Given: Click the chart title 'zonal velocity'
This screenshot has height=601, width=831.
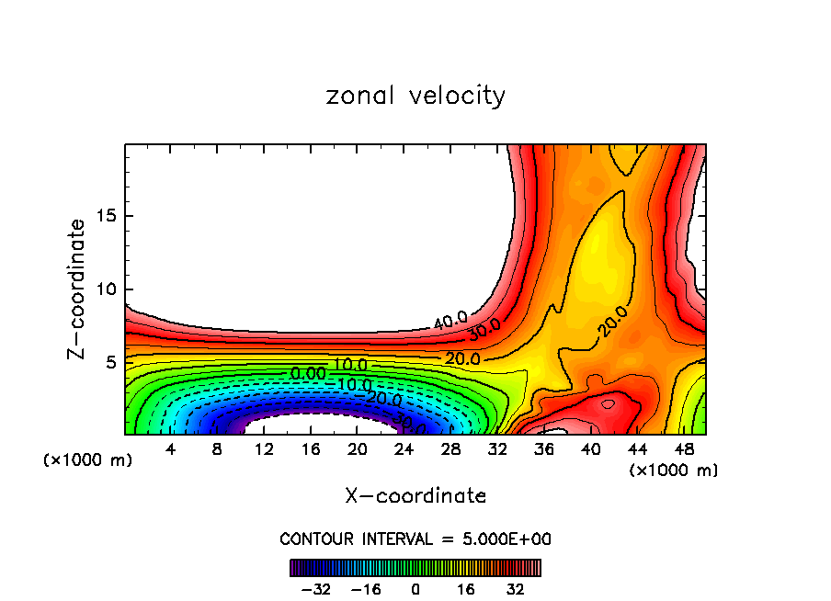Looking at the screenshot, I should point(415,96).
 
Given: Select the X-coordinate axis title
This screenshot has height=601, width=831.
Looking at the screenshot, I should point(415,496).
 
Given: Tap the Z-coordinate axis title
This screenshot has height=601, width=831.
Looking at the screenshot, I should point(78,289).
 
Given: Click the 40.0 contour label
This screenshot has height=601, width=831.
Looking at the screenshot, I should point(451,321).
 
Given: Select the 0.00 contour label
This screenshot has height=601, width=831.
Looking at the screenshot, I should point(308,374).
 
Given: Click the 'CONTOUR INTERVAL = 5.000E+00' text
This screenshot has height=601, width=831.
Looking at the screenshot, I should point(415,539).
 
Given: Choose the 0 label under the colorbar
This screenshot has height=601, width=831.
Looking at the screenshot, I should point(415,589).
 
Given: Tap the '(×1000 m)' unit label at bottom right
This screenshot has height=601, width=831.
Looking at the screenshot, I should point(674,471).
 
